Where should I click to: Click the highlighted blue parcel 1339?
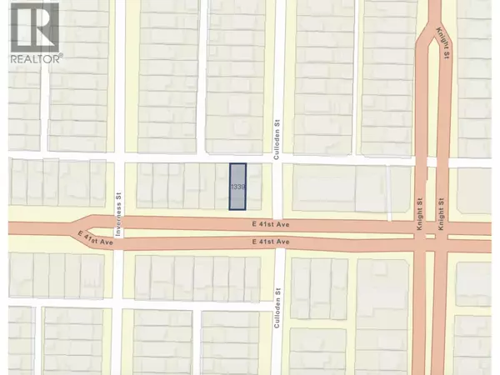pyautogui.click(x=239, y=187)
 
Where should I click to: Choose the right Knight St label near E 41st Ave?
pyautogui.click(x=444, y=209)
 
